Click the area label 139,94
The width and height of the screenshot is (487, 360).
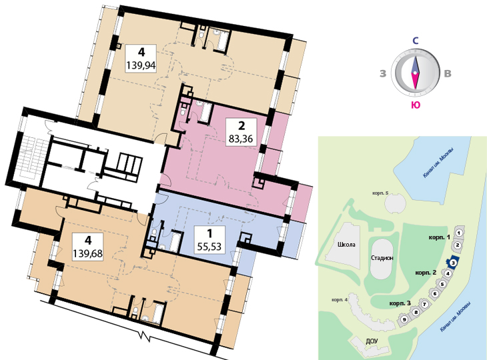click(141, 65)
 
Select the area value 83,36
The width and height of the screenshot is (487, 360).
click(241, 139)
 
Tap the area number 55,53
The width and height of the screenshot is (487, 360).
click(209, 247)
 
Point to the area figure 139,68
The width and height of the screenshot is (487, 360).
click(87, 253)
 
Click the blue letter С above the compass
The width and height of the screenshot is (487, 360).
click(415, 41)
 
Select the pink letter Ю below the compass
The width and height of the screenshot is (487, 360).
click(416, 105)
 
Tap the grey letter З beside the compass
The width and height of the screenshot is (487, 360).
click(383, 73)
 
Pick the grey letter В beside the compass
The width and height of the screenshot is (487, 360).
click(448, 73)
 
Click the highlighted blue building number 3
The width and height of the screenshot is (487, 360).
click(453, 263)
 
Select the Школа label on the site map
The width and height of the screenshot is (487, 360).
click(346, 245)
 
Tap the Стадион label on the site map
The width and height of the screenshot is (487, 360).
click(382, 257)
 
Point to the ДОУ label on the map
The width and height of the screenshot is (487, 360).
click(372, 341)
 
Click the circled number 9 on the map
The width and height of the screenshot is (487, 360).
click(404, 319)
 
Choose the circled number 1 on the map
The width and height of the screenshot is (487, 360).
click(460, 233)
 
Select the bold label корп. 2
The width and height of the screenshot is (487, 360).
click(426, 273)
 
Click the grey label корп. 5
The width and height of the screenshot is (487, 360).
click(380, 193)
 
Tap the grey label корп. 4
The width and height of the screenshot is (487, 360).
click(340, 300)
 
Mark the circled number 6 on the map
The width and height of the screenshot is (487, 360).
click(435, 293)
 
